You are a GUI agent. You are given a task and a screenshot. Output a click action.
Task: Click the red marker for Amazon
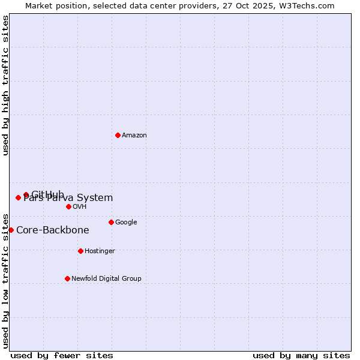coord(118,135)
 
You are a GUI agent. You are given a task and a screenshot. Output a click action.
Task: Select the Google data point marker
coord(111,222)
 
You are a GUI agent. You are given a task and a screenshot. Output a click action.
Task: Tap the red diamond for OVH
coord(68,206)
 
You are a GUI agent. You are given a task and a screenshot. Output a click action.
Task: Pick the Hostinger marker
coord(80,251)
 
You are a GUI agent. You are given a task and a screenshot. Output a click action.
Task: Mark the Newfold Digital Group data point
coord(67,278)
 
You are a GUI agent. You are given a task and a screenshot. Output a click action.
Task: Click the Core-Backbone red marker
coord(11,230)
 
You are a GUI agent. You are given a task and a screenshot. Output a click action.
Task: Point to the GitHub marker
coord(26,194)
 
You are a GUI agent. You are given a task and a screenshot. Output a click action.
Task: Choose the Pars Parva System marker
coord(18,197)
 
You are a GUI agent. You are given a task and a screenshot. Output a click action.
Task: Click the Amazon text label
coord(134,136)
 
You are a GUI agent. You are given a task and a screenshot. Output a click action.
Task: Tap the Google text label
coord(126,223)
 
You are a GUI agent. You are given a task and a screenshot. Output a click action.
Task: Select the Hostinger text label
coord(100,251)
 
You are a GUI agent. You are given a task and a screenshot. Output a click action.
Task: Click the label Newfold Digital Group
coord(106,279)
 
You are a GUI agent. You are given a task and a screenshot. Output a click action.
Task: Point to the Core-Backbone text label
coord(53,230)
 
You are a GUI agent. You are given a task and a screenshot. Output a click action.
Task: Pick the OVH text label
coord(80,207)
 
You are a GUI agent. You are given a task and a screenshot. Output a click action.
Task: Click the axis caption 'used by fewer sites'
coord(62,355)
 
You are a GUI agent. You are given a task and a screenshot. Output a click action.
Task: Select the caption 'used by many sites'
coord(301,355)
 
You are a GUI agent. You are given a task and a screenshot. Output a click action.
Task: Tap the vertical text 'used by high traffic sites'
coord(5,85)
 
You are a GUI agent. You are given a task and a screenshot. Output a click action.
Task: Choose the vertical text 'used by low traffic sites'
coord(5,280)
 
